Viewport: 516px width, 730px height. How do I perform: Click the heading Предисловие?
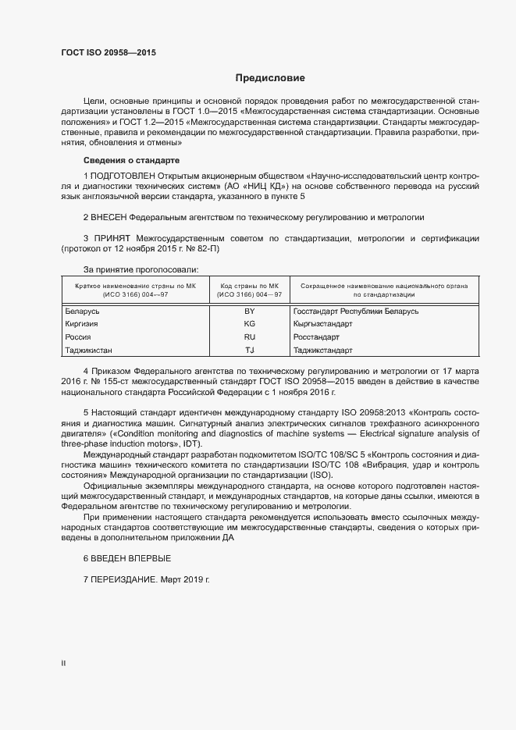[270, 79]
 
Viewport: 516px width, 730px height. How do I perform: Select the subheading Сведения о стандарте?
[126, 160]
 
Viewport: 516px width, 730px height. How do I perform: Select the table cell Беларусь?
[82, 311]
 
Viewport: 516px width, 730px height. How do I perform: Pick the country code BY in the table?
[250, 311]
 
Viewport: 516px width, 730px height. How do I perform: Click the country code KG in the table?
[250, 323]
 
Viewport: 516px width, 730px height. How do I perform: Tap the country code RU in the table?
[250, 337]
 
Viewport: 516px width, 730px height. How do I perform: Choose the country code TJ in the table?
[250, 350]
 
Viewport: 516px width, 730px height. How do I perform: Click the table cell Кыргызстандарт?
[323, 323]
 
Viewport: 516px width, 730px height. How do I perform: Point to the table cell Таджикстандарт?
[323, 350]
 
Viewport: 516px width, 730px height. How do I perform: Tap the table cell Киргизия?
[80, 323]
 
